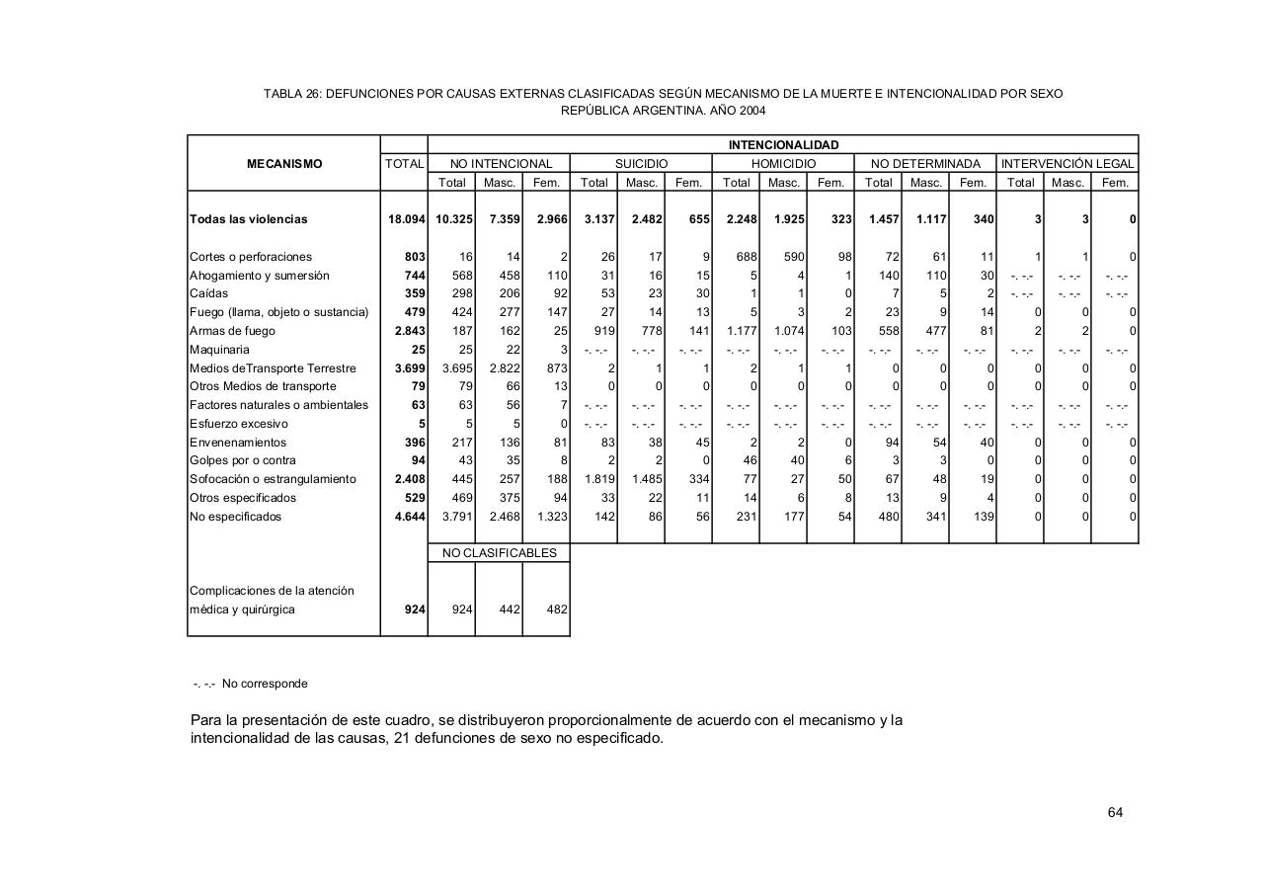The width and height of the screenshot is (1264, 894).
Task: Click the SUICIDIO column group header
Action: pyautogui.click(x=641, y=163)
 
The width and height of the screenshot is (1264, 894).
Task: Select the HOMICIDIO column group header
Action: pyautogui.click(x=783, y=163)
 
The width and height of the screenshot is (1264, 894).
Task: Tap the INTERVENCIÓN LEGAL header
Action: pyautogui.click(x=1067, y=163)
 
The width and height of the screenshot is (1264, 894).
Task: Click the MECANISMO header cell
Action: pyautogui.click(x=284, y=164)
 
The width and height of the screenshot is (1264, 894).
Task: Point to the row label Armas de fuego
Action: pyautogui.click(x=232, y=331)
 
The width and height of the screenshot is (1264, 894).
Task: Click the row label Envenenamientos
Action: pyautogui.click(x=237, y=443)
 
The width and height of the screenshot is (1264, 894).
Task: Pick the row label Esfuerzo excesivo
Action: pyautogui.click(x=238, y=424)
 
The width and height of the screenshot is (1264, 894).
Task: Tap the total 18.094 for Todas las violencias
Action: pyautogui.click(x=406, y=219)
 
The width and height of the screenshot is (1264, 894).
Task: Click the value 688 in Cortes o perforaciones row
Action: pyautogui.click(x=743, y=257)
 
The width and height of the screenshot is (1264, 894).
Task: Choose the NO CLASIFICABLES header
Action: pyautogui.click(x=500, y=553)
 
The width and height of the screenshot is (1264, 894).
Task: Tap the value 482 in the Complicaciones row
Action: pyautogui.click(x=556, y=610)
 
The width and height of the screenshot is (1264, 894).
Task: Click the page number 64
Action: pyautogui.click(x=1115, y=813)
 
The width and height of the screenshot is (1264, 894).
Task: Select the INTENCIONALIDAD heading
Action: pyautogui.click(x=783, y=145)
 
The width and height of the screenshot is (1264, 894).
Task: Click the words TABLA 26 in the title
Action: pyautogui.click(x=291, y=94)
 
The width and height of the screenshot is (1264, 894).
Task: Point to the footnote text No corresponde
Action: pyautogui.click(x=264, y=684)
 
